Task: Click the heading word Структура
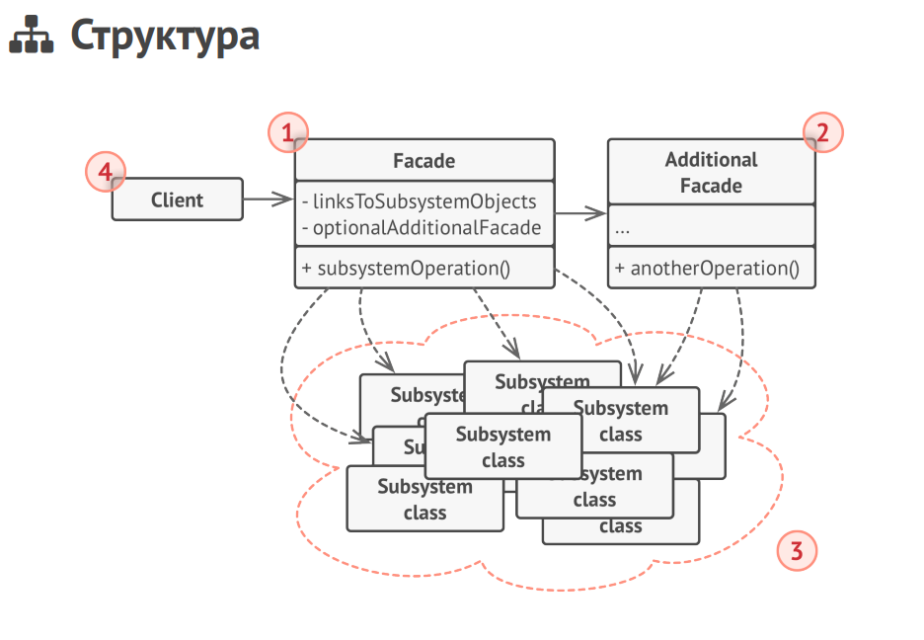point(165,36)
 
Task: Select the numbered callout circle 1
point(287,131)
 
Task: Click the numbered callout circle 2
point(822,131)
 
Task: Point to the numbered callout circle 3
point(797,550)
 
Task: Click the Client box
point(177,200)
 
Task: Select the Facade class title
point(423,160)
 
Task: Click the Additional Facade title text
point(711,172)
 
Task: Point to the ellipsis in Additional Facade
point(622,228)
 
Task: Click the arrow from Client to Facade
point(269,200)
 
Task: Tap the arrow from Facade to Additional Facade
point(581,213)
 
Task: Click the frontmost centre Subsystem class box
point(502,446)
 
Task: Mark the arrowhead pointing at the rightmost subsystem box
point(724,403)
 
